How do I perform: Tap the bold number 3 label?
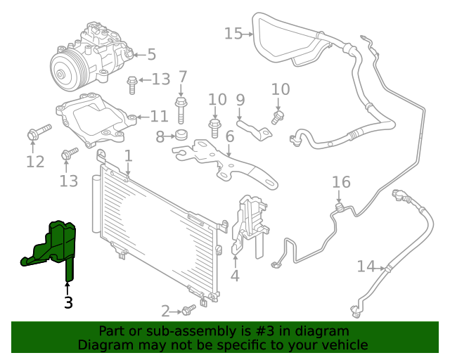(67, 303)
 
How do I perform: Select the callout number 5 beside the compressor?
(151, 54)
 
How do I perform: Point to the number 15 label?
(233, 33)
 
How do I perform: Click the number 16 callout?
(341, 183)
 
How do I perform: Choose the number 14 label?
(366, 266)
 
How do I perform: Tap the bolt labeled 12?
(39, 131)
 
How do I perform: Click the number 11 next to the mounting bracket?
(159, 116)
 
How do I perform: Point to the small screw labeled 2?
(188, 309)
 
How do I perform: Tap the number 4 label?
(235, 276)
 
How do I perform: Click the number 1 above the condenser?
(128, 155)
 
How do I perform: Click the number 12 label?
(35, 162)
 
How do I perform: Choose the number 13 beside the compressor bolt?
(160, 79)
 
